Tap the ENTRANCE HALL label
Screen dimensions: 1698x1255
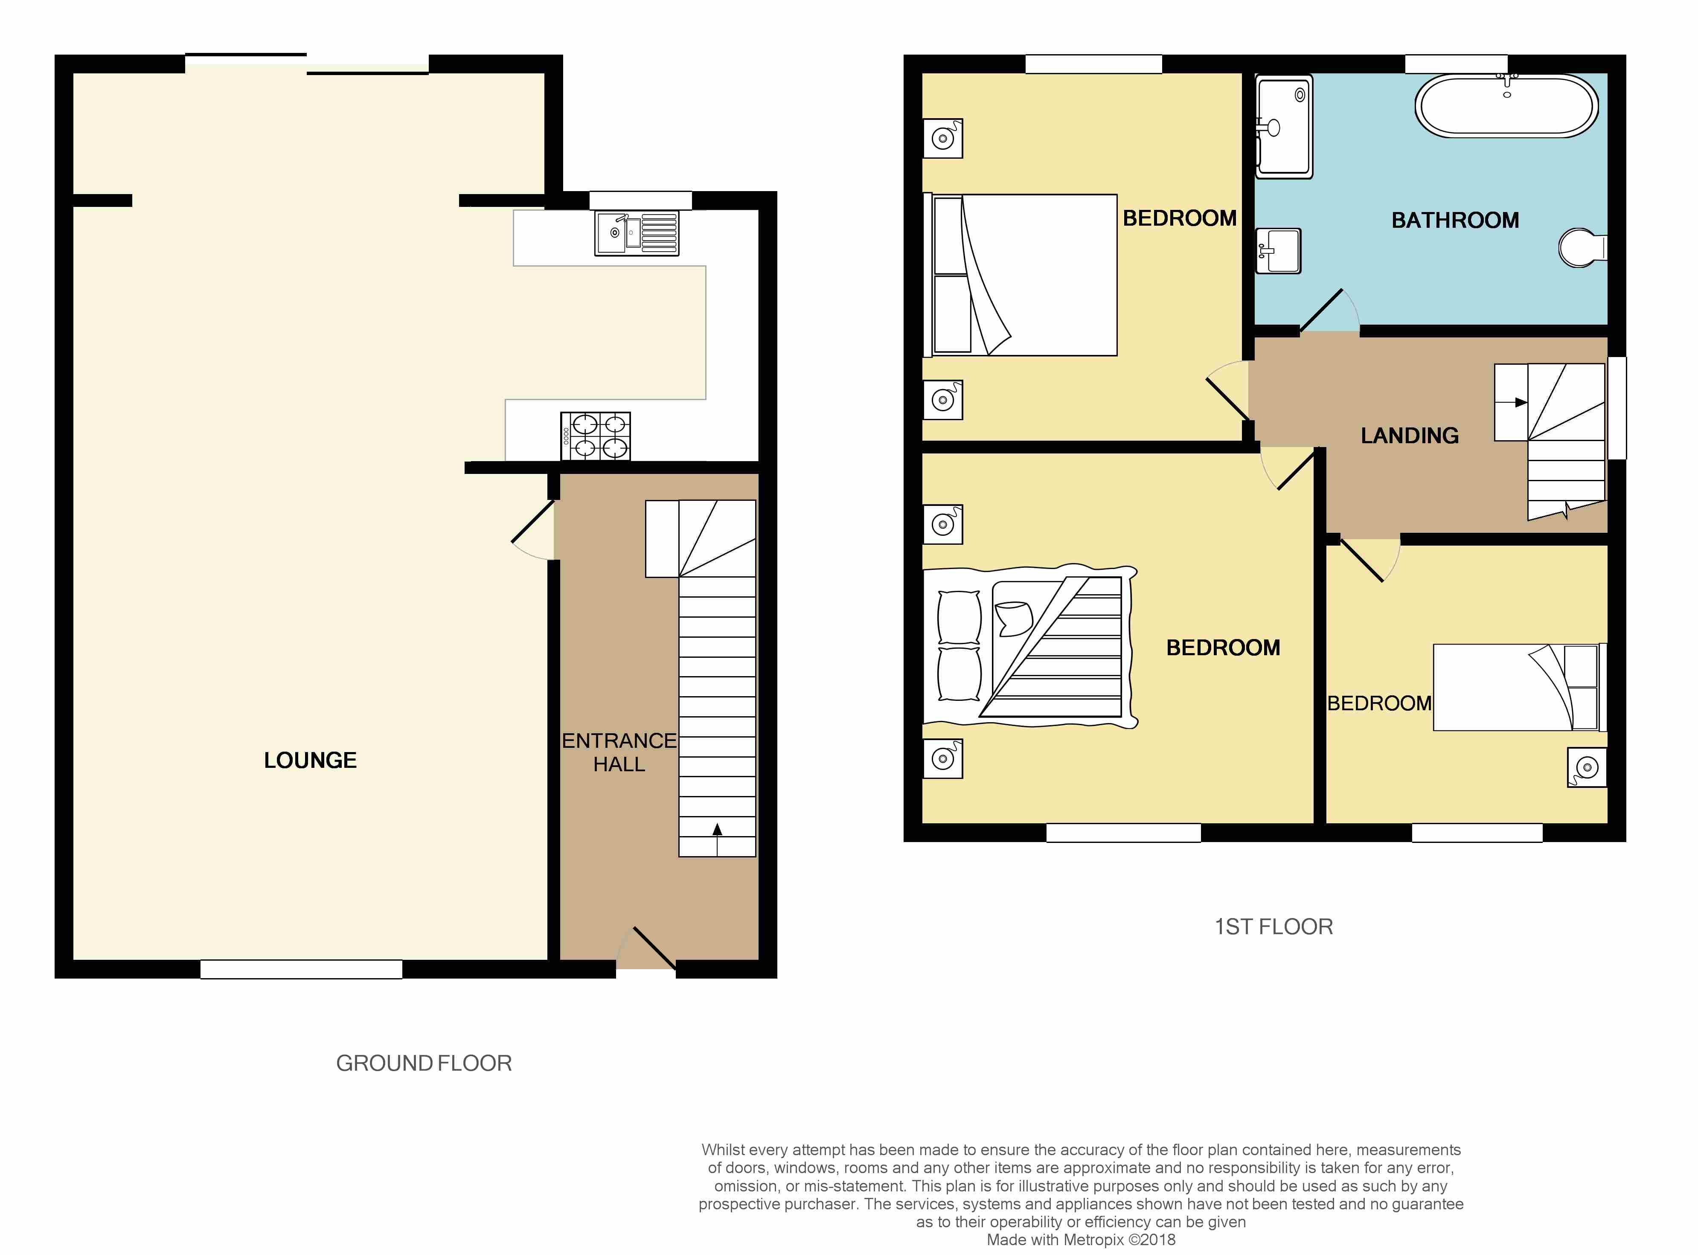pyautogui.click(x=619, y=752)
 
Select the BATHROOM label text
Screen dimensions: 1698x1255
pyautogui.click(x=1455, y=220)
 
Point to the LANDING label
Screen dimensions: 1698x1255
pyautogui.click(x=1409, y=435)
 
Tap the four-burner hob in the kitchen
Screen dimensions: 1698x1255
pyautogui.click(x=596, y=436)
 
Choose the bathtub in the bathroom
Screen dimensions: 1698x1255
pyautogui.click(x=1506, y=106)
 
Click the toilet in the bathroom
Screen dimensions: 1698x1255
pyautogui.click(x=1582, y=248)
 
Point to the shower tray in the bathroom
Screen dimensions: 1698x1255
pyautogui.click(x=1284, y=127)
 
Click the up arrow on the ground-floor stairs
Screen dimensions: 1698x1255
pyautogui.click(x=717, y=830)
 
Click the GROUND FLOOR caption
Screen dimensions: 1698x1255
pyautogui.click(x=424, y=1063)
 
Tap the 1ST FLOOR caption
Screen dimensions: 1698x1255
pyautogui.click(x=1273, y=927)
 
